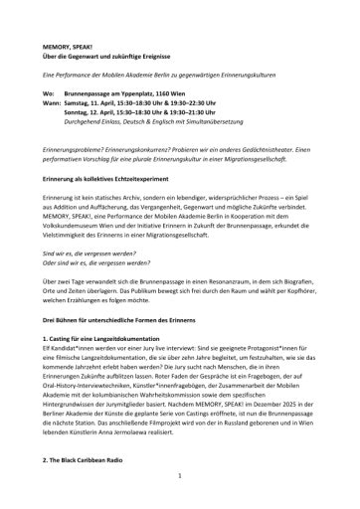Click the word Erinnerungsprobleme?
pos(94,146)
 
